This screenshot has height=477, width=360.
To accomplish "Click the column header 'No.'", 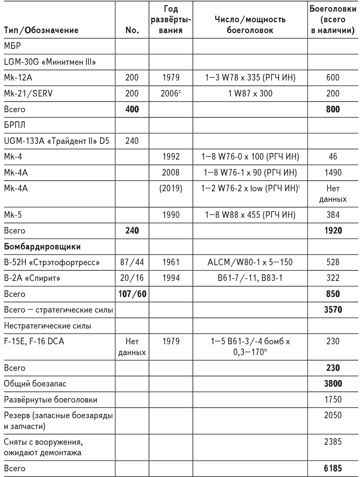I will pos(132,30).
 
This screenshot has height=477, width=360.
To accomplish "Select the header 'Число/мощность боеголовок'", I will pos(250,25).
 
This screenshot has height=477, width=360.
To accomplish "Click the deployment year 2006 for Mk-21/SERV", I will pos(171,94).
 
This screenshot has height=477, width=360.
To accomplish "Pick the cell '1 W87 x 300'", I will pos(250,94).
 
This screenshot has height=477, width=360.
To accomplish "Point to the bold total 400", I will pos(132,109).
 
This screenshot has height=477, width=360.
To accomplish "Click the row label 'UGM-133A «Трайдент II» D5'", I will pos(57,141).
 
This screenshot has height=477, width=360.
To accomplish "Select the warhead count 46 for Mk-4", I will pos(333,157).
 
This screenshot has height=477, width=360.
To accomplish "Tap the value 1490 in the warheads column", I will pos(333,173).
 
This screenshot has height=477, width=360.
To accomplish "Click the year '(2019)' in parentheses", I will pos(171,189).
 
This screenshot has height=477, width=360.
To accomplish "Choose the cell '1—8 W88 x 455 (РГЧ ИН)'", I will pos(250,215).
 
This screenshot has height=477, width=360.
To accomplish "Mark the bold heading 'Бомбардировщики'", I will pos(42,247).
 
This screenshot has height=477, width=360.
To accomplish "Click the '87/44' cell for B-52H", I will pos(132,262).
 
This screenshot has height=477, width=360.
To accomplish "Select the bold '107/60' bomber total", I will pos(132,294).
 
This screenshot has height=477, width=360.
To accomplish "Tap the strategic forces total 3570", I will pos(333,310).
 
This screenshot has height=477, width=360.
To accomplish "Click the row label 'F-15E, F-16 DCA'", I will pos(34,341).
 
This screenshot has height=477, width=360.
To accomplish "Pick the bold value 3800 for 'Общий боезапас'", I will pos(333,384).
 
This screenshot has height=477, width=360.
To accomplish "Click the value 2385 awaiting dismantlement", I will pos(333,442).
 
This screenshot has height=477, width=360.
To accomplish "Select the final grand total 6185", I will pos(333,468).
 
